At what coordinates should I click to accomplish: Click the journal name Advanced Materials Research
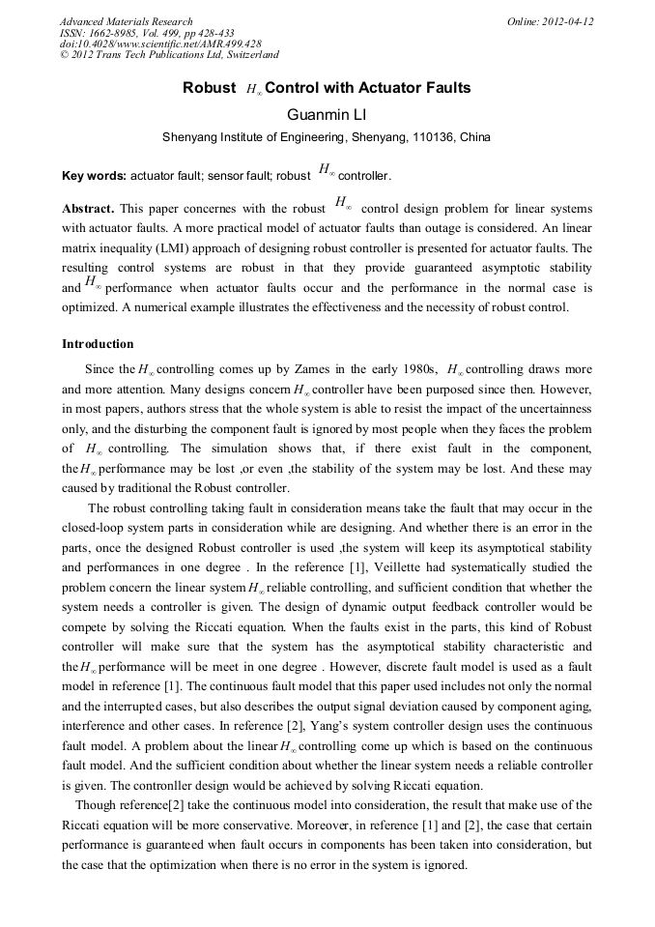click(126, 21)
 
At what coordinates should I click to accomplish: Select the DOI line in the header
click(159, 43)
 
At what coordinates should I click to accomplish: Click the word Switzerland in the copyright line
click(245, 55)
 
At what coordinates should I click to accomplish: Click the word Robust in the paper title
click(209, 88)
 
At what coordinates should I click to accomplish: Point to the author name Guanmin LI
click(326, 114)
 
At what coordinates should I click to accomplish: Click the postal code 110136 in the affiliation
click(435, 137)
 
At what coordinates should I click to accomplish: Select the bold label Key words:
click(94, 177)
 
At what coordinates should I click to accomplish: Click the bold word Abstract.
click(88, 209)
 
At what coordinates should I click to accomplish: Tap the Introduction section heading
click(98, 344)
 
